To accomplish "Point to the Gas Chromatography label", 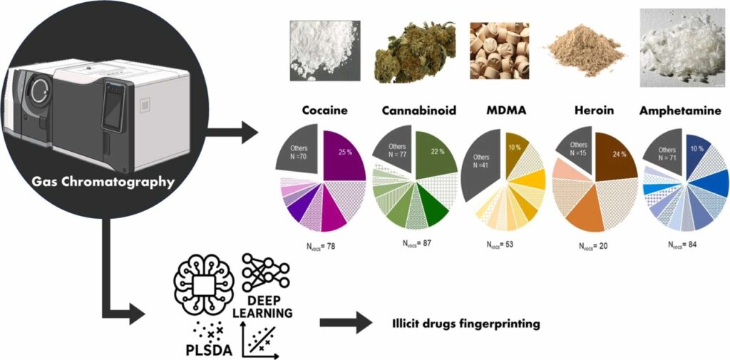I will pos(103,181).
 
